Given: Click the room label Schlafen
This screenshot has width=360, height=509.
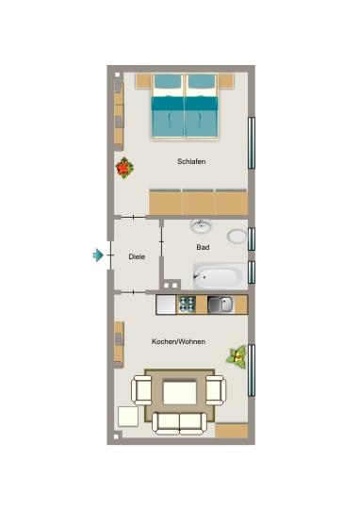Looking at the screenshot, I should click(191, 161).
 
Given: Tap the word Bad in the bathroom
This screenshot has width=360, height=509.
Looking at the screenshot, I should click(203, 247).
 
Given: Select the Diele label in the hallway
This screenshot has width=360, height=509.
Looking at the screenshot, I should click(137, 255).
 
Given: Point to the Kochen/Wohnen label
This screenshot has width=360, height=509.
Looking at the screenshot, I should click(178, 340).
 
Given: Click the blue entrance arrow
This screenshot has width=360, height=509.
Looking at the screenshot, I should click(98, 254).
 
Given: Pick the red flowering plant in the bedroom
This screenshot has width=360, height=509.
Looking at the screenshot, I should click(124, 169).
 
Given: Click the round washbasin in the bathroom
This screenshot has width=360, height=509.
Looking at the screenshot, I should click(202, 225).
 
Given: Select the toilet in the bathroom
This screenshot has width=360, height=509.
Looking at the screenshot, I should click(237, 236).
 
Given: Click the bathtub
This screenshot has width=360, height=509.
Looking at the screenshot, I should click(218, 276).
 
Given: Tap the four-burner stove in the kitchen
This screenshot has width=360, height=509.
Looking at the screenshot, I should click(188, 304).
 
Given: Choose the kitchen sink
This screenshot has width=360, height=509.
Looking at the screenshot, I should click(221, 304).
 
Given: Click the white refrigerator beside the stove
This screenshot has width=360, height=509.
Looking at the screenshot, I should click(167, 304).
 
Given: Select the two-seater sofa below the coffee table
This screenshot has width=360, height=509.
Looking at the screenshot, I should click(178, 421).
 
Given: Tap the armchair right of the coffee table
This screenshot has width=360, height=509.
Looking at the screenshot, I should click(215, 387).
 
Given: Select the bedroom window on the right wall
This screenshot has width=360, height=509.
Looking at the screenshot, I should click(251, 141).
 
